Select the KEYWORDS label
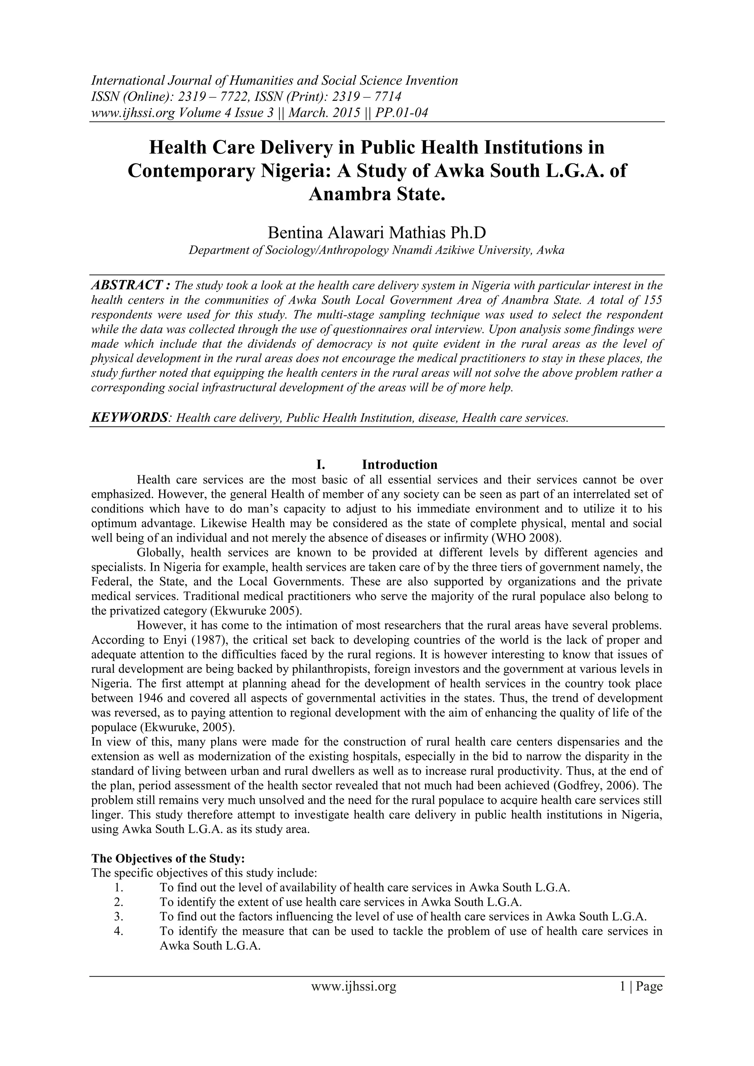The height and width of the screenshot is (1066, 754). click(128, 418)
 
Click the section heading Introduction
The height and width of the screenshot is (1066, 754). click(399, 464)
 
